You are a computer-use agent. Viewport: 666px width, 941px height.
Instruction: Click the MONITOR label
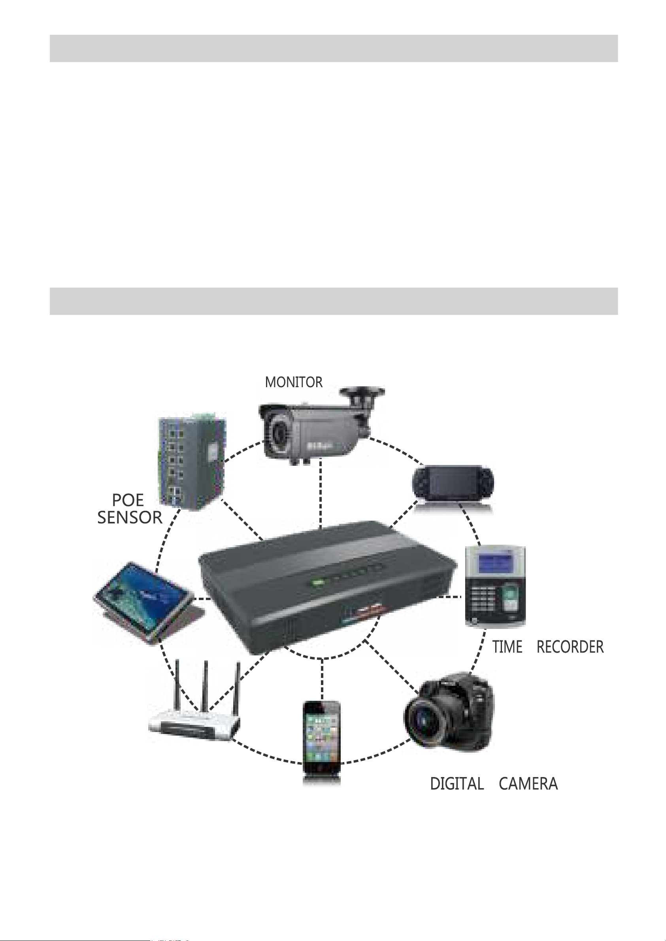pyautogui.click(x=294, y=382)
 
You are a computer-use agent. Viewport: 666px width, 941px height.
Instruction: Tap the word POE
pyautogui.click(x=128, y=501)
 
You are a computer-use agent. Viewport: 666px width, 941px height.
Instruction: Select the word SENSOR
pyautogui.click(x=130, y=518)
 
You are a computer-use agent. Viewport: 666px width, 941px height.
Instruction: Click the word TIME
pyautogui.click(x=507, y=647)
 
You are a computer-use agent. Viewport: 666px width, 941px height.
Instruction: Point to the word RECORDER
pyautogui.click(x=570, y=647)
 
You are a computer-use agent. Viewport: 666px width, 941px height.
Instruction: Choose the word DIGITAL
pyautogui.click(x=457, y=784)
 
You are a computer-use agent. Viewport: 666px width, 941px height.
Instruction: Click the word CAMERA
pyautogui.click(x=528, y=784)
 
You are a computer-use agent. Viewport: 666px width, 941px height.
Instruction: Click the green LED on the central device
pyautogui.click(x=317, y=582)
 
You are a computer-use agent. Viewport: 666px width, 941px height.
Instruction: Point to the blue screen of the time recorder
pyautogui.click(x=494, y=564)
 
